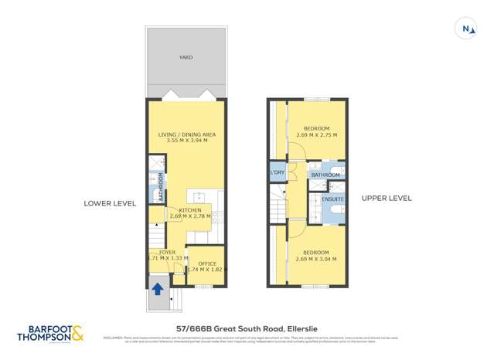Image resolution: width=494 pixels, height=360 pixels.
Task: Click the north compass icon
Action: point(467,29)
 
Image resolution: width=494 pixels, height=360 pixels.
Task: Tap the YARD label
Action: point(186,57)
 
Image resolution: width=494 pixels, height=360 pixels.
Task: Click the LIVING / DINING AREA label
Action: point(187,134)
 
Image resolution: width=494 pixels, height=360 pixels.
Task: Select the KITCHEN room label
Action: point(190,210)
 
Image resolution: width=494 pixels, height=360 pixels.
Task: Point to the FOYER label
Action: point(167,253)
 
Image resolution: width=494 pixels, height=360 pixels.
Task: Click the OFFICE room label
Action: point(207,263)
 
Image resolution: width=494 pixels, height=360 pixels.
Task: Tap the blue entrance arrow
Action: point(157,290)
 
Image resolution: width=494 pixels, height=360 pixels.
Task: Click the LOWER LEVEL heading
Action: point(110,203)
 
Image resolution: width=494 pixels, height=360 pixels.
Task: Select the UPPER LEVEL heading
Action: point(387,199)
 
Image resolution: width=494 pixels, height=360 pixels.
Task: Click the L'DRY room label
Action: point(278,172)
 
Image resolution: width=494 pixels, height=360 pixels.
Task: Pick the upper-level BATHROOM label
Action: point(326,175)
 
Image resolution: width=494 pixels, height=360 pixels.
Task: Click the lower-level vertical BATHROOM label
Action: point(161,187)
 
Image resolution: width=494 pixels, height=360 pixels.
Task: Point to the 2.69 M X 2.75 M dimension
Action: point(317,135)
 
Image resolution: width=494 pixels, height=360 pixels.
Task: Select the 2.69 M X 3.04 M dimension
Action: point(317,260)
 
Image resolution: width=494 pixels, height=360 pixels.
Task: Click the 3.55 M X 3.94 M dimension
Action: point(187,141)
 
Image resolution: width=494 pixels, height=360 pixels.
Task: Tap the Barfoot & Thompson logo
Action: point(52,334)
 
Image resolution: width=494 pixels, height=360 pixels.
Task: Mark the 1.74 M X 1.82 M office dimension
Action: point(206,270)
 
